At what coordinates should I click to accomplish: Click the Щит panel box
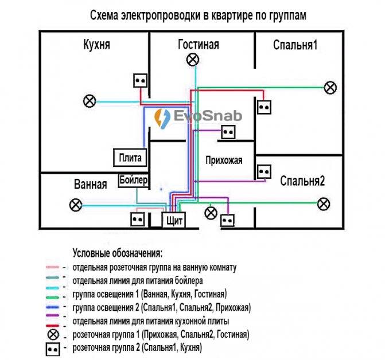click(x=174, y=220)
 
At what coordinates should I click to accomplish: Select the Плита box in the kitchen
click(x=130, y=158)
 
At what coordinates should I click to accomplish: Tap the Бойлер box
click(x=134, y=181)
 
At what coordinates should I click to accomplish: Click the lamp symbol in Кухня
click(x=90, y=101)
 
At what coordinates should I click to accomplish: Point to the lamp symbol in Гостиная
click(x=193, y=60)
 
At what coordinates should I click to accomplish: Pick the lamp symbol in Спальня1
click(x=330, y=88)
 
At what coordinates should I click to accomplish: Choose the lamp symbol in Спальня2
click(x=324, y=204)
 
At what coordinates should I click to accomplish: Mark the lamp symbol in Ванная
click(x=76, y=205)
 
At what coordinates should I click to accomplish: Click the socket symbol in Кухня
click(x=141, y=80)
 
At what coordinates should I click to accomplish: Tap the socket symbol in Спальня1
click(x=264, y=107)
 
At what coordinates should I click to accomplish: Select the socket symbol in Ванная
click(x=137, y=219)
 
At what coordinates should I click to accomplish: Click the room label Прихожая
click(x=224, y=161)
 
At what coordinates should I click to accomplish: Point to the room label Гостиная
click(x=199, y=45)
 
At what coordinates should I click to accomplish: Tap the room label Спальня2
click(x=302, y=181)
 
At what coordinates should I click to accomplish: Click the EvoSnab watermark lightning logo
click(x=162, y=118)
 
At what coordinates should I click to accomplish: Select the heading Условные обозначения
click(x=118, y=253)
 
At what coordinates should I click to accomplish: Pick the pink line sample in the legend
click(x=53, y=267)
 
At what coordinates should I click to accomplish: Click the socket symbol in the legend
click(x=53, y=349)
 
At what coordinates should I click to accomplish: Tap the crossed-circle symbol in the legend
click(x=53, y=335)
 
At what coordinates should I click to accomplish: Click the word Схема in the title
click(x=104, y=15)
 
